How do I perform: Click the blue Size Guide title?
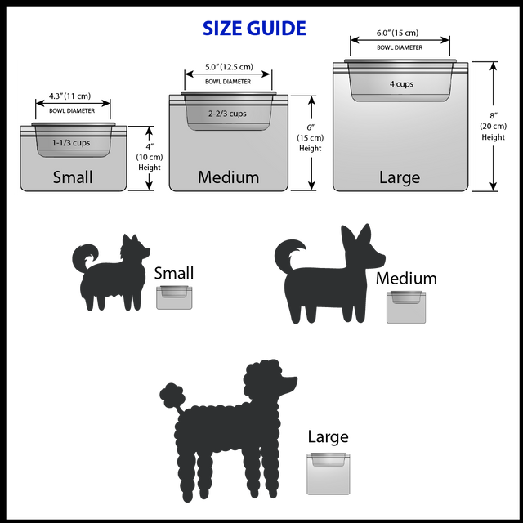254,29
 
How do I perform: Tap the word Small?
73,177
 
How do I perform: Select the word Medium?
228,177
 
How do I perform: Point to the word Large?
400,177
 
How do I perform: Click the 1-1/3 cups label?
71,143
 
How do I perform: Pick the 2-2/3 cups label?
227,114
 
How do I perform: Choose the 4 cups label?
401,84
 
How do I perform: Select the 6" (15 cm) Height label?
310,137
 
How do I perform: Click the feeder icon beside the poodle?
329,473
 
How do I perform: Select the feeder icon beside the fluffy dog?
175,297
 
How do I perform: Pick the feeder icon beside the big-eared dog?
406,306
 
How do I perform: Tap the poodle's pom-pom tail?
172,396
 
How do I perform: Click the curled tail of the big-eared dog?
288,253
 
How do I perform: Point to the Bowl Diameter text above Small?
72,110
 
